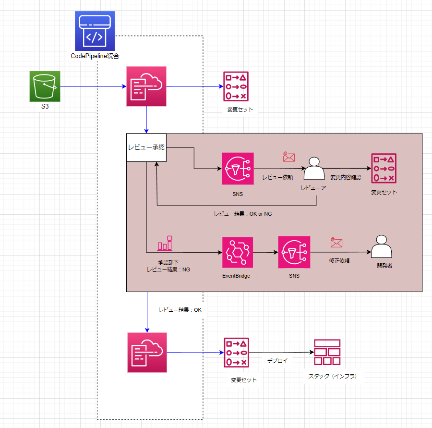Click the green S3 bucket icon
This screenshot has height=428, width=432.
44,87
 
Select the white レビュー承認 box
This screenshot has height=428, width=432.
146,147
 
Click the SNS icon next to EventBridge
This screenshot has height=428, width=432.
294,252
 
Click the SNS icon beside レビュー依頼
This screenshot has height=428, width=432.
238,169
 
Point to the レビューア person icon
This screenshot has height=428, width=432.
314,169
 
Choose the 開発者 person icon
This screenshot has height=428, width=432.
382,247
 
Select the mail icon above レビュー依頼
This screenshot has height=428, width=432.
288,157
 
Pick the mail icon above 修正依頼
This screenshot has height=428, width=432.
336,243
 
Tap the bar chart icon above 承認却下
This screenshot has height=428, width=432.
165,244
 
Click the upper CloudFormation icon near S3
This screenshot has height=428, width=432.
146,86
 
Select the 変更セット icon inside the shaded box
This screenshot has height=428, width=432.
384,169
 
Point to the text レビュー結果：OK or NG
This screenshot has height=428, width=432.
242,213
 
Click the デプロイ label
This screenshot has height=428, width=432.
277,360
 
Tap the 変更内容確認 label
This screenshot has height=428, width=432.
345,177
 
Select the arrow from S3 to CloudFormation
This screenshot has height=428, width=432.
91,87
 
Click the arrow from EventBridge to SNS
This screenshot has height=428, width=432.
265,252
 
